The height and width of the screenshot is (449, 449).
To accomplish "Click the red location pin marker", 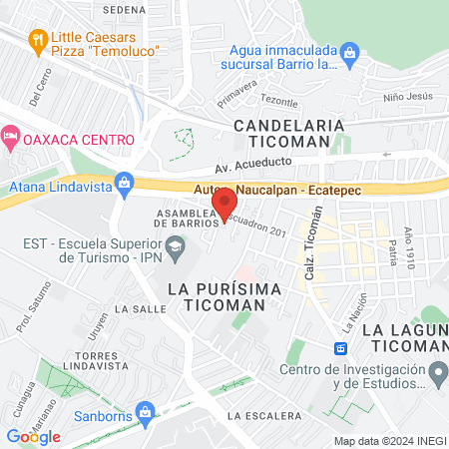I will click(x=224, y=205).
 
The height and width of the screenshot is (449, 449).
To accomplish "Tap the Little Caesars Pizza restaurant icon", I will click(x=39, y=41).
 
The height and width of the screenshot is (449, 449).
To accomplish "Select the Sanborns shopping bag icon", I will click(x=146, y=410).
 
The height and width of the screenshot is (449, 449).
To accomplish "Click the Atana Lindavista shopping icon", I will click(x=124, y=183).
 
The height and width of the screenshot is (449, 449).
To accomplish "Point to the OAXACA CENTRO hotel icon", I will click(x=10, y=134).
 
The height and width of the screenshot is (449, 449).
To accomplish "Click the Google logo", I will click(x=33, y=436).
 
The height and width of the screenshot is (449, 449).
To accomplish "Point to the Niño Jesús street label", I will click(x=408, y=98).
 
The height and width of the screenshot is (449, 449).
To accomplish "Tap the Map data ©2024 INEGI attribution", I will click(x=388, y=440).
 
